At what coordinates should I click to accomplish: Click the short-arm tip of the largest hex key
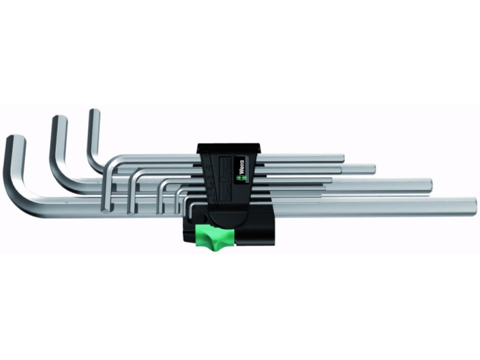(x=16, y=139)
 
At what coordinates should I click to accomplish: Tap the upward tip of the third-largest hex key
(x=94, y=113)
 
